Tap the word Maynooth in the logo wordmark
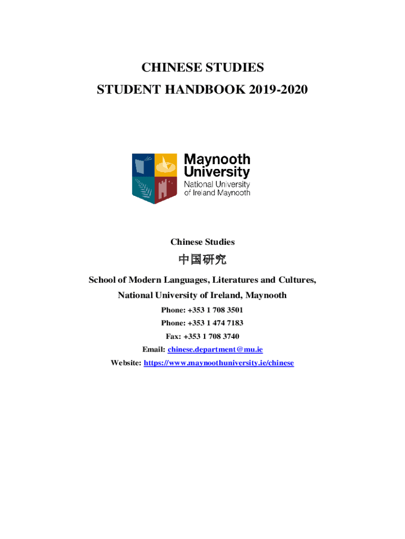tap(217, 159)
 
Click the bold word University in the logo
tap(217, 172)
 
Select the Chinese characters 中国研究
tap(202, 261)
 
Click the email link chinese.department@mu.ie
tap(215, 350)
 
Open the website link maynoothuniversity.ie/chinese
tap(219, 363)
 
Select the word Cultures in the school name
tap(297, 280)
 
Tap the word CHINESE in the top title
tap(169, 68)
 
